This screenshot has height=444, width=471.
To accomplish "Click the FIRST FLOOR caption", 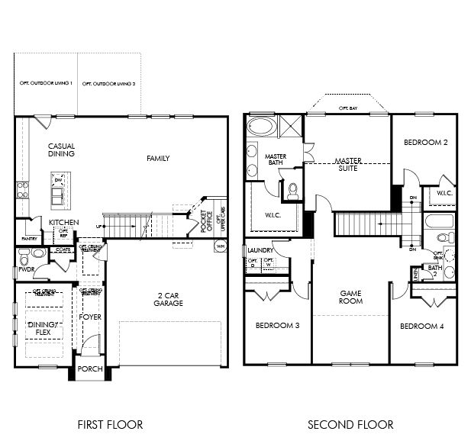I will (110, 424).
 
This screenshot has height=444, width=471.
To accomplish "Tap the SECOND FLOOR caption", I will (350, 424).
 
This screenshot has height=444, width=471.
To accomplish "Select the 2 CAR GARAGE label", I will (168, 299).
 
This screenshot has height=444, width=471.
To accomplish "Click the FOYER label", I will (90, 317).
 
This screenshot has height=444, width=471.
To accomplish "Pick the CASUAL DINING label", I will (61, 150).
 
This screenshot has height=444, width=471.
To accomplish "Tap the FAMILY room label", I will (158, 159).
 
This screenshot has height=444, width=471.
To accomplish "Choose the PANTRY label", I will (29, 239).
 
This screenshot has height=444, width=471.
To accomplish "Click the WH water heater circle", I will (221, 246).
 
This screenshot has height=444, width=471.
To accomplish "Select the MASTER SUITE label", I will (348, 165).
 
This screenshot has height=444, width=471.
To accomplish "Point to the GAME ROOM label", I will (350, 297).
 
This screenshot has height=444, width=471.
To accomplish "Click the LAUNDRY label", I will (260, 249).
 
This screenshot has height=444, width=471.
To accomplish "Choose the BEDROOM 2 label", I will (424, 143).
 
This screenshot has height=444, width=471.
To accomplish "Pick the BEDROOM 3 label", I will (277, 326).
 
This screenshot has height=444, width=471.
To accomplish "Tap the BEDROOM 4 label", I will (421, 326).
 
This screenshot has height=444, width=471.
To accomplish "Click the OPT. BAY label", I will (348, 109).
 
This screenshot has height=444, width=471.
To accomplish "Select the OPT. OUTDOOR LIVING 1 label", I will (47, 83).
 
